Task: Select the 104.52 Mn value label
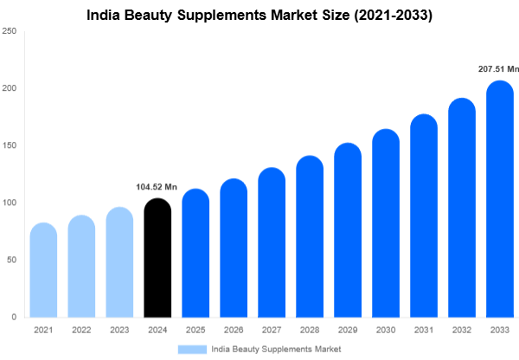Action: pyautogui.click(x=157, y=186)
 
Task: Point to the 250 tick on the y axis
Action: pyautogui.click(x=10, y=31)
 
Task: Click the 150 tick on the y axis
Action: pyautogui.click(x=10, y=145)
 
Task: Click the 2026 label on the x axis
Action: pyautogui.click(x=233, y=330)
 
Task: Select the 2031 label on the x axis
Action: pyautogui.click(x=423, y=330)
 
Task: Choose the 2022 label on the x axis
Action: pyautogui.click(x=81, y=330)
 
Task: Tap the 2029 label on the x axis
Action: pyautogui.click(x=347, y=330)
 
